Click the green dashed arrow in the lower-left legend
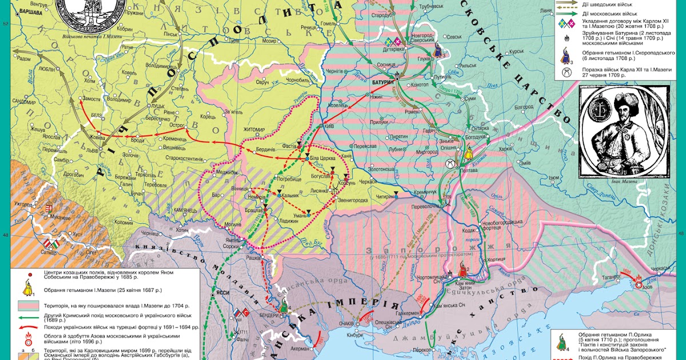[x=24, y=315]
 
